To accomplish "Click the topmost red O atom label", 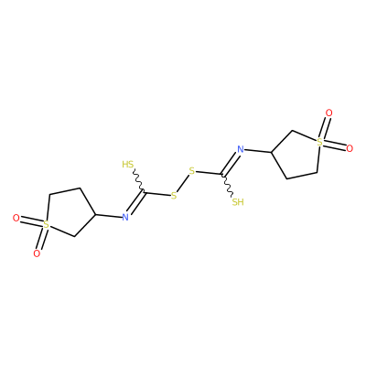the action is click(x=328, y=113).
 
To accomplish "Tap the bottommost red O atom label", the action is click(x=37, y=253).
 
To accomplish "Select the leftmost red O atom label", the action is click(x=16, y=218).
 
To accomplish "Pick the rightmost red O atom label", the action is click(x=350, y=148).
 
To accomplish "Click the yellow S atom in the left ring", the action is click(x=46, y=225).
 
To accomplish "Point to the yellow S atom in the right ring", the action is click(x=319, y=142).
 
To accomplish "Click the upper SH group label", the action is click(x=128, y=165).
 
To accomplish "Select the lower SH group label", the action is click(x=238, y=202).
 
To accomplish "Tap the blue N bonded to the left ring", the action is click(x=125, y=217).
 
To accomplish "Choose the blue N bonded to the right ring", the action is click(x=241, y=149).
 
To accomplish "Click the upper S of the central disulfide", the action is click(x=191, y=171).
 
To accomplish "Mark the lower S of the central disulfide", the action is click(x=174, y=196).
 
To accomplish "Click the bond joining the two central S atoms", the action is click(x=183, y=183).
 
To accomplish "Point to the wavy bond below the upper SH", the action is click(x=138, y=181).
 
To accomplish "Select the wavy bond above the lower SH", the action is click(x=228, y=186).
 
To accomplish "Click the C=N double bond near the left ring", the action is click(x=135, y=202).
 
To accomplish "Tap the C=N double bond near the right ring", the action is click(x=230, y=164).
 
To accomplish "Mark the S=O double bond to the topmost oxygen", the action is click(x=325, y=127).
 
